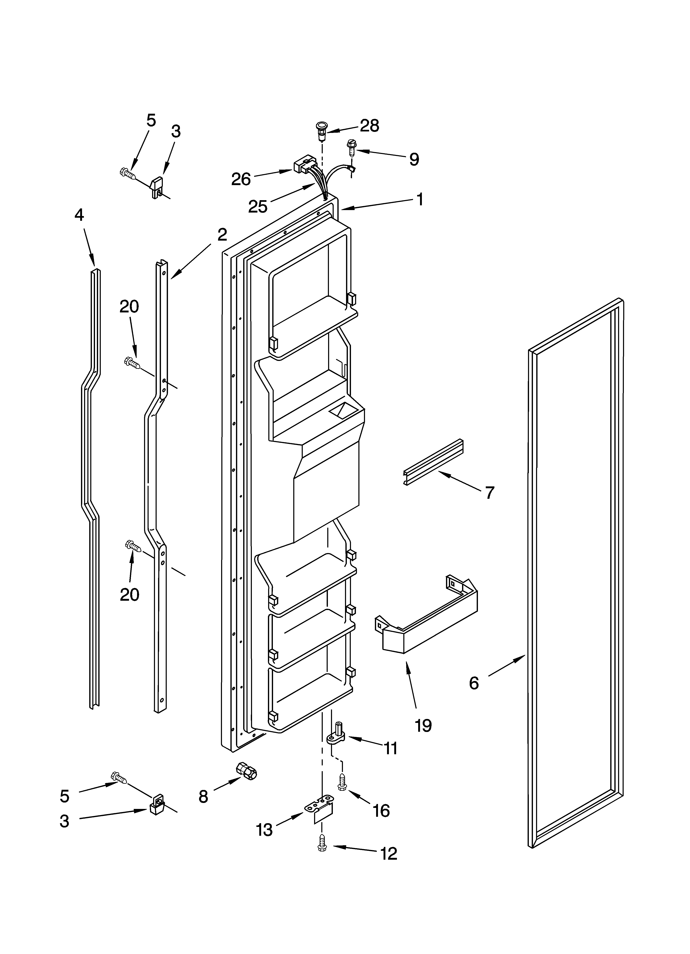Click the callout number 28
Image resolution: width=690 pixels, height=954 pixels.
pyautogui.click(x=369, y=125)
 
